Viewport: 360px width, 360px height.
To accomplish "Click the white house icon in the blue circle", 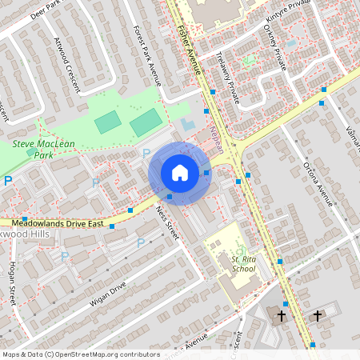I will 180,173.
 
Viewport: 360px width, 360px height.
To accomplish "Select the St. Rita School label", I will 243,264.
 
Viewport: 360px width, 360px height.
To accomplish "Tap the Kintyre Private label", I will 290,10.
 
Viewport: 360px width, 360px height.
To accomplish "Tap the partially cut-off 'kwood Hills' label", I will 25,238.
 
